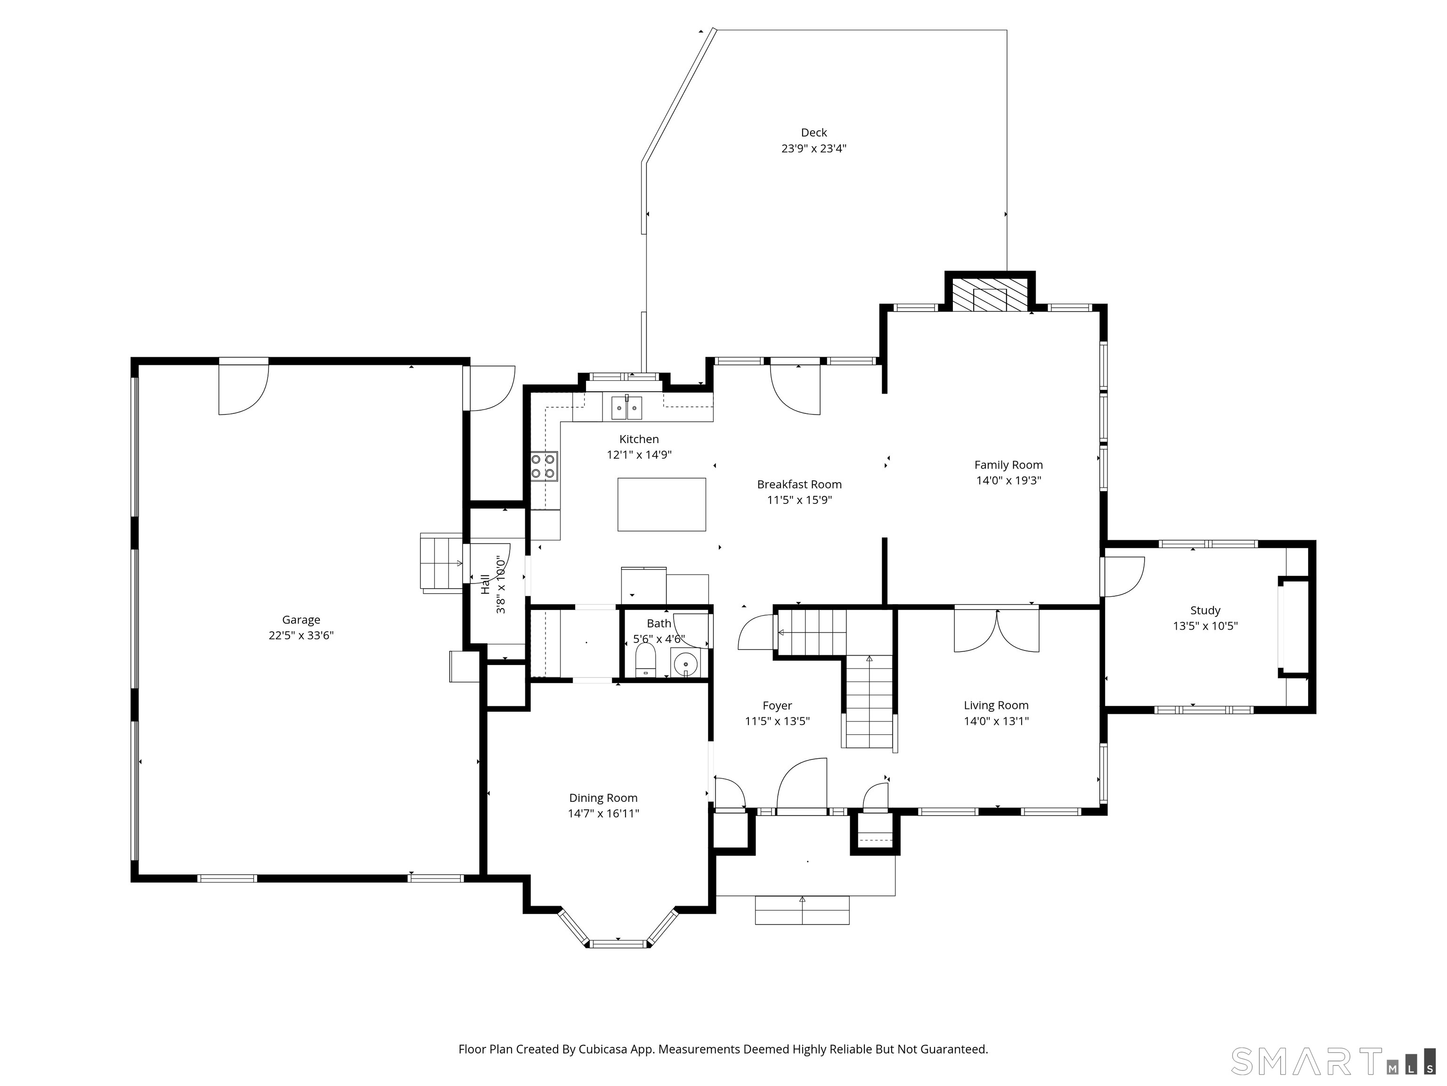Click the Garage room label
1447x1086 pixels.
(301, 619)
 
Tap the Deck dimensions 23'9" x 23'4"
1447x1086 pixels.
(814, 148)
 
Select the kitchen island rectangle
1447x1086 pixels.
(661, 504)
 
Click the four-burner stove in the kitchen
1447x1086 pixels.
(544, 466)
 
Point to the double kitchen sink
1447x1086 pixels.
(626, 408)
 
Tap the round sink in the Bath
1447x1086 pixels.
(685, 663)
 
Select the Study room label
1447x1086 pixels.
(1205, 610)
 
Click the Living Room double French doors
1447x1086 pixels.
(996, 630)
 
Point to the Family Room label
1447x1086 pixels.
(1008, 465)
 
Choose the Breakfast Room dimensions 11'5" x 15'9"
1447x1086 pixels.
(799, 500)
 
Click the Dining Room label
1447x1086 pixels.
(603, 798)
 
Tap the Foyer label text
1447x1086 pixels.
(777, 705)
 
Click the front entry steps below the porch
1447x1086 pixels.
(802, 910)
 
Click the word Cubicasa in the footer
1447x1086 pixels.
(603, 1049)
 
